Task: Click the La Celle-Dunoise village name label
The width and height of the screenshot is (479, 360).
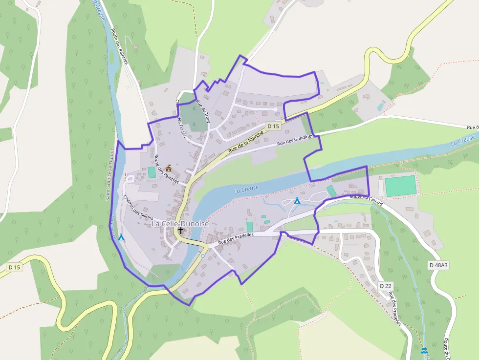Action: tap(180, 224)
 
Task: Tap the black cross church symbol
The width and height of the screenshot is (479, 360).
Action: tap(181, 231)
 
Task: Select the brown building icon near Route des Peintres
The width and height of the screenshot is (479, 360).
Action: tap(169, 168)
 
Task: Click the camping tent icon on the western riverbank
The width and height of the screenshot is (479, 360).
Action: tap(121, 237)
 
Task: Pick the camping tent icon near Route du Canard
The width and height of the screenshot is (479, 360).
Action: tap(297, 200)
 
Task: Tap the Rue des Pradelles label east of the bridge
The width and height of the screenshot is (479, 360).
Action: tap(236, 238)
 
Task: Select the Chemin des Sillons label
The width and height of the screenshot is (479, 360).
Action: tap(138, 208)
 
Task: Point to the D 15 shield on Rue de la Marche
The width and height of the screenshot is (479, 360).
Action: tap(273, 126)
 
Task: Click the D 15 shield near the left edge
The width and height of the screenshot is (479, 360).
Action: tap(14, 267)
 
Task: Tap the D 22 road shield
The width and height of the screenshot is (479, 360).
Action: tap(386, 286)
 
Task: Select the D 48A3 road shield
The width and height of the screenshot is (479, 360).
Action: tap(438, 265)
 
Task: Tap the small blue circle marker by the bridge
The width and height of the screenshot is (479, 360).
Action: tap(202, 255)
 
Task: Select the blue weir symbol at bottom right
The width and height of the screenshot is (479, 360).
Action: tap(424, 350)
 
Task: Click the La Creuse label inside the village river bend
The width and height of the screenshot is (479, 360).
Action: tap(245, 190)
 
